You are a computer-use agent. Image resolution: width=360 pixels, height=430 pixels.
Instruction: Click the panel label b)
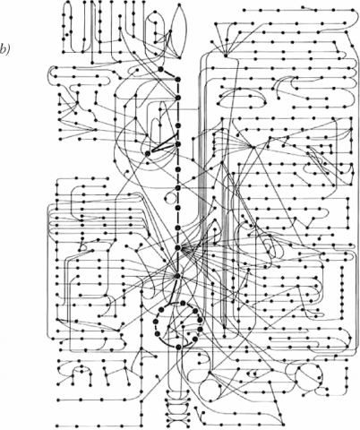(x=4, y=49)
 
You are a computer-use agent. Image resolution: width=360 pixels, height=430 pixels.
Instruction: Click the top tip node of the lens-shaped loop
(x=179, y=5)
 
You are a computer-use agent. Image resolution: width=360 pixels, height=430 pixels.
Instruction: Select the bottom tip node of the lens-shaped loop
(x=180, y=57)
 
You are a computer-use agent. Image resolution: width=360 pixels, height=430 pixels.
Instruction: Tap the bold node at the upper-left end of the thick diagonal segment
(x=161, y=69)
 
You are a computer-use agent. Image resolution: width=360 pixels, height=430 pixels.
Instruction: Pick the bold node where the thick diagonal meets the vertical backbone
(x=178, y=79)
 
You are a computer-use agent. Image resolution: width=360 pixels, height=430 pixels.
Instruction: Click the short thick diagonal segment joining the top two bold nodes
(x=169, y=74)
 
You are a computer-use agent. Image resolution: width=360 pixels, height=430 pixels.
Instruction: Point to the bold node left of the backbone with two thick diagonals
(x=148, y=153)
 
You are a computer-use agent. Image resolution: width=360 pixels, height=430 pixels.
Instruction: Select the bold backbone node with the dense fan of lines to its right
(x=178, y=247)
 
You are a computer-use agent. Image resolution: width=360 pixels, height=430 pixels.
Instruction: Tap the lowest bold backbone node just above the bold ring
(x=178, y=276)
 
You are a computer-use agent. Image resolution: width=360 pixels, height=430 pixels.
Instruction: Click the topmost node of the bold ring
(x=183, y=303)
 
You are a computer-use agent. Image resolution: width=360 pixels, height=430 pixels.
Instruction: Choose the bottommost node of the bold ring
(x=178, y=347)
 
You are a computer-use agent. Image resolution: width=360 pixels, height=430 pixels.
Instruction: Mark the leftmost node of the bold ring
(x=155, y=322)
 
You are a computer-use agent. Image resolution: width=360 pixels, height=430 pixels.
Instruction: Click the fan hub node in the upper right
(x=226, y=55)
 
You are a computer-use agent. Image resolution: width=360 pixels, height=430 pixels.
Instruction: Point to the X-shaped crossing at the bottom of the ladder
(x=178, y=422)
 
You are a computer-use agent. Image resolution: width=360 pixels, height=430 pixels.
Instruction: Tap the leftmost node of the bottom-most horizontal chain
(x=56, y=426)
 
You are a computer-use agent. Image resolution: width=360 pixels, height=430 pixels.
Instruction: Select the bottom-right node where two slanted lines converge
(x=283, y=425)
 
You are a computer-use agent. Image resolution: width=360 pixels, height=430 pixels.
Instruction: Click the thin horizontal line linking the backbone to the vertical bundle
(x=188, y=109)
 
